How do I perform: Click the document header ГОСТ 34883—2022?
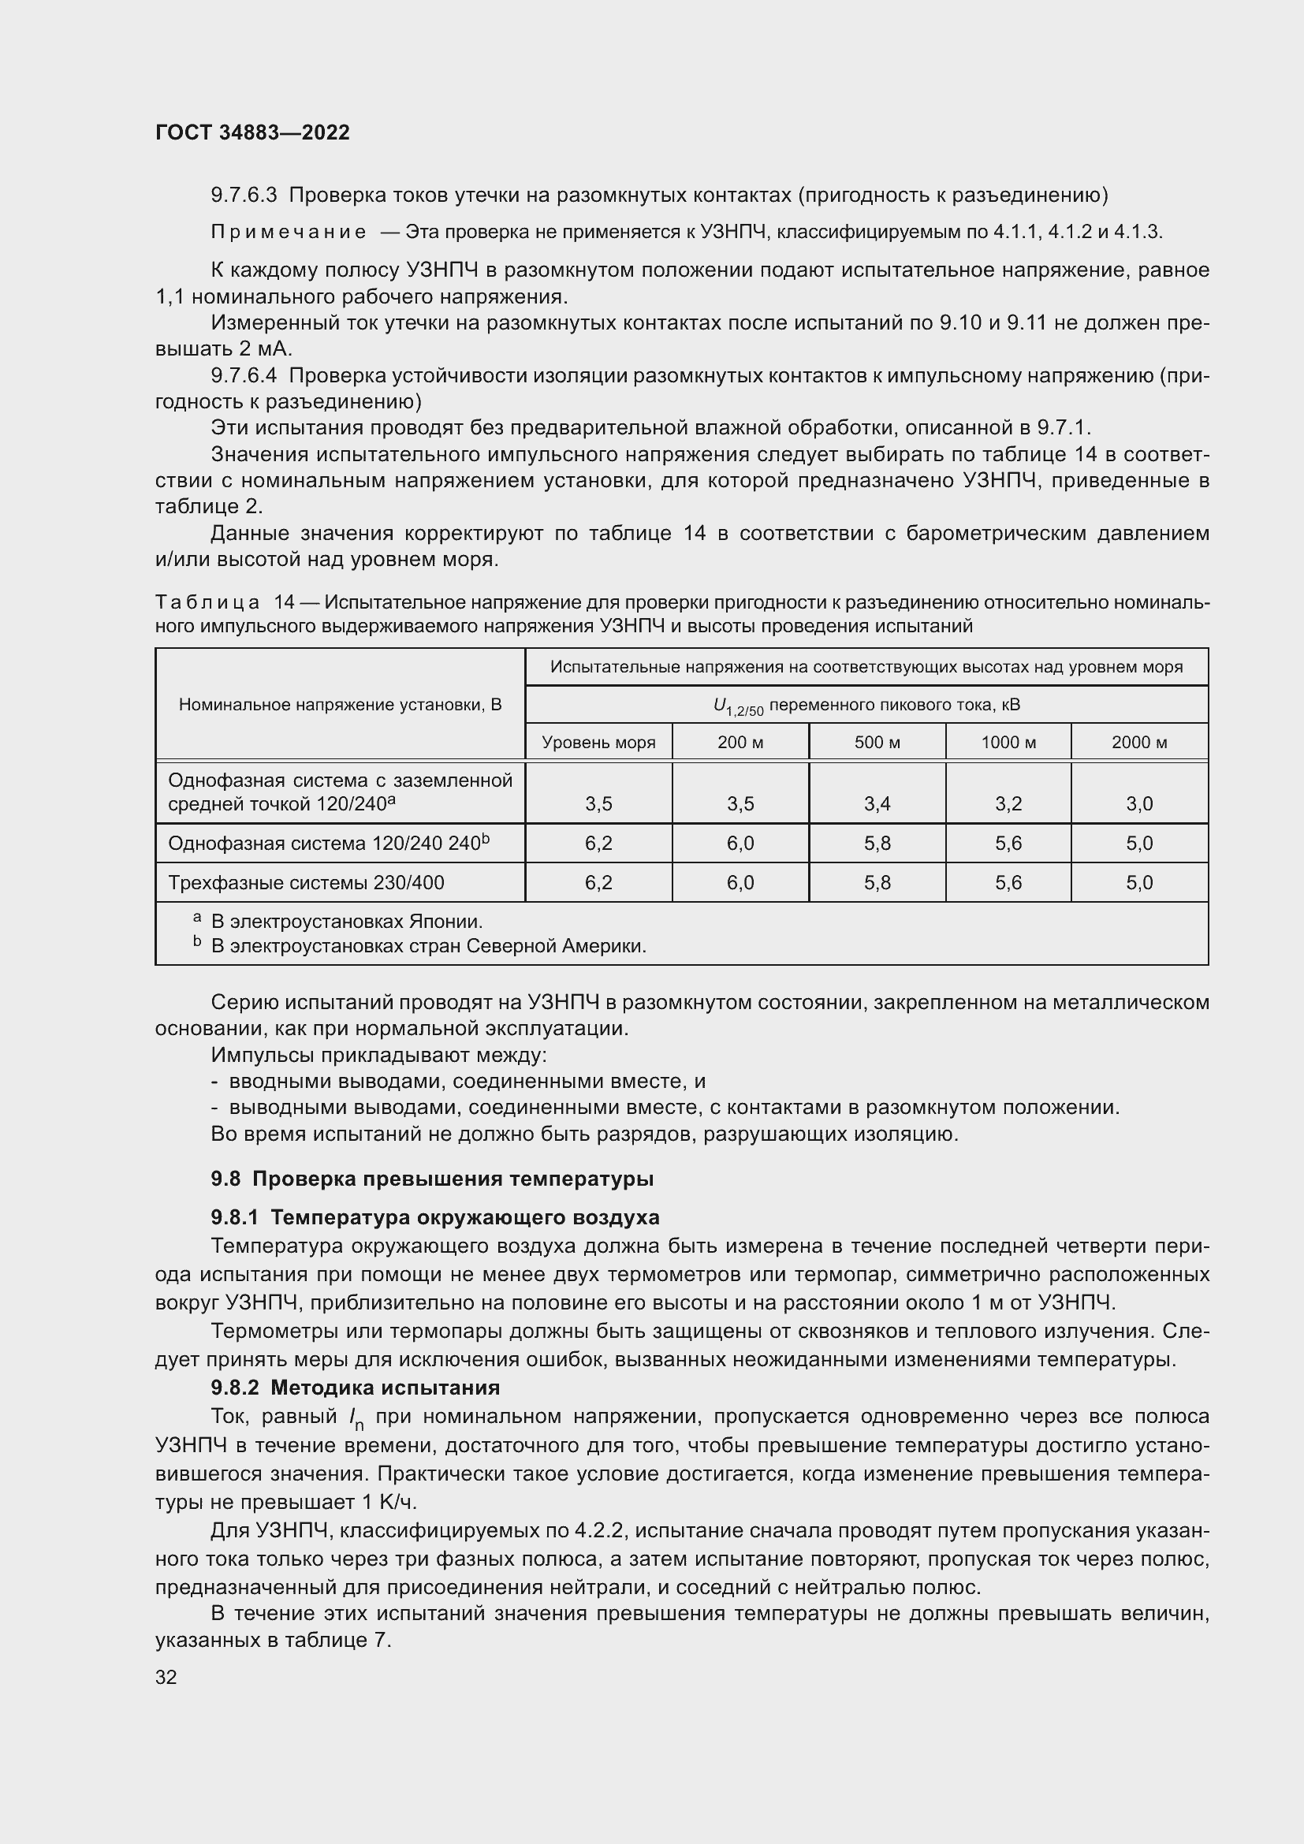tap(252, 132)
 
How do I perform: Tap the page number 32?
tap(166, 1677)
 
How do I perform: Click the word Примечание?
tap(289, 233)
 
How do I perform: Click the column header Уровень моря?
tap(598, 742)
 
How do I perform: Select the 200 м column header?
tap(740, 742)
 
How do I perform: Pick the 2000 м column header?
tap(1138, 742)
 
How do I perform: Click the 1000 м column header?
tap(1008, 742)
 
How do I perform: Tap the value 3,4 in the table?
tap(877, 804)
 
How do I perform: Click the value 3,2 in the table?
tap(1008, 804)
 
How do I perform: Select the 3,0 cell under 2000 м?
tap(1138, 804)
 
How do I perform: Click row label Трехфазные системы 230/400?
tap(306, 883)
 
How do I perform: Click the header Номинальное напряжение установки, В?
tap(340, 705)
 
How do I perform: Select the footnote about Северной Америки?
tap(428, 946)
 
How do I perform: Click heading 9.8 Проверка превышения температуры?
tap(432, 1179)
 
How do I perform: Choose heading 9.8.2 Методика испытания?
tap(355, 1388)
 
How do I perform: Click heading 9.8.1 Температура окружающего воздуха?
tap(434, 1217)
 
